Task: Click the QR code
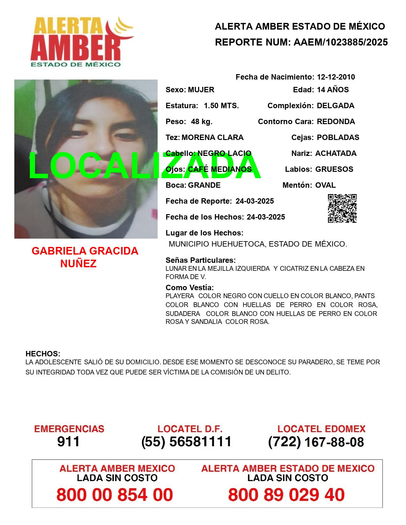(x=342, y=208)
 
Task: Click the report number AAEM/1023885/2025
(x=341, y=42)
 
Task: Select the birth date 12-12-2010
(x=336, y=77)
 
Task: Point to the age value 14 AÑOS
(x=333, y=90)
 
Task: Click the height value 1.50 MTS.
(x=221, y=106)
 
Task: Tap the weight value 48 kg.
(x=202, y=122)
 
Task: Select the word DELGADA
(x=336, y=106)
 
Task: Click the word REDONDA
(x=336, y=122)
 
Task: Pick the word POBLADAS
(x=338, y=137)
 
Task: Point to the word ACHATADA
(x=336, y=153)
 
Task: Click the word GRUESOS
(x=334, y=169)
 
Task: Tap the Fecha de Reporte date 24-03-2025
(x=255, y=201)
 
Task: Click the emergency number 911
(x=68, y=442)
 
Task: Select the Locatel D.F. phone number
(x=187, y=442)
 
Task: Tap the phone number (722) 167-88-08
(x=316, y=442)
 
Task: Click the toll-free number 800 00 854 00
(x=115, y=495)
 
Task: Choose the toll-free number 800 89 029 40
(x=286, y=495)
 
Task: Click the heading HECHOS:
(x=43, y=354)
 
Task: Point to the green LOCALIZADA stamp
(x=145, y=166)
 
